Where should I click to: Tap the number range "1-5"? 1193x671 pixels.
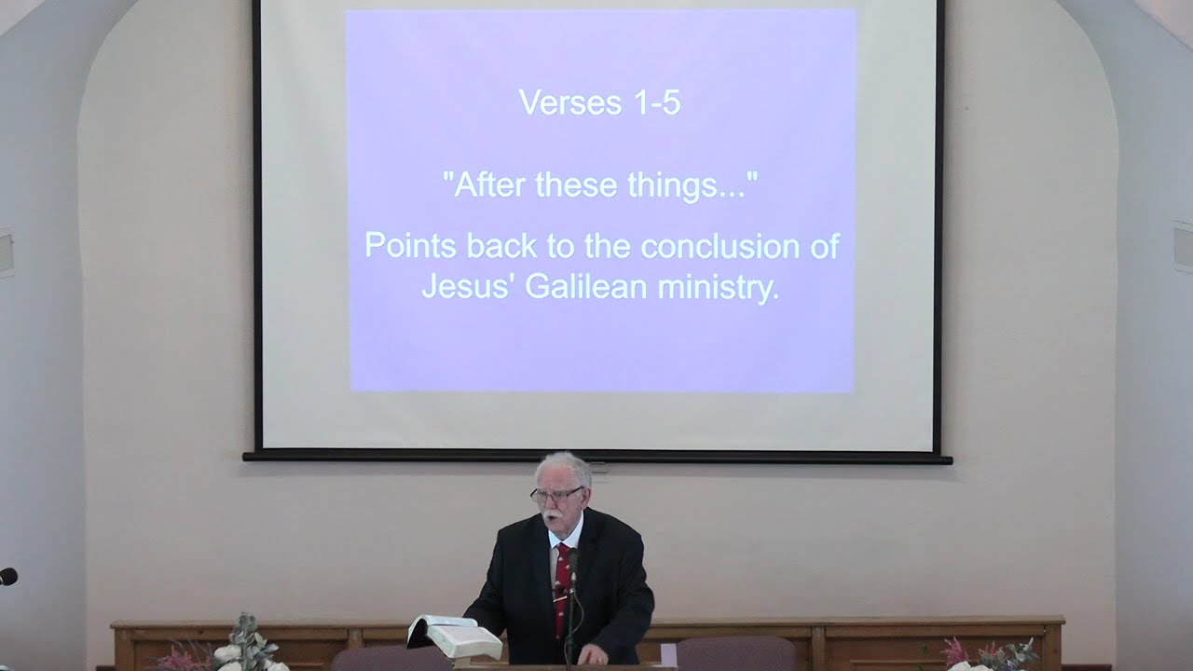coord(656,102)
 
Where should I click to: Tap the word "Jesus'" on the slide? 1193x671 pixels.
coord(468,286)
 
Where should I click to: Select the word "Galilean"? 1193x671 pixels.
coord(586,286)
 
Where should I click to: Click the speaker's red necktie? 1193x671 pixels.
coord(562,587)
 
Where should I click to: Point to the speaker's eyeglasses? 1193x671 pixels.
coord(555,495)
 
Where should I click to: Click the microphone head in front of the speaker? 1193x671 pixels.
coord(572,562)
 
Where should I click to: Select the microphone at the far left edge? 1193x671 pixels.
coord(7,577)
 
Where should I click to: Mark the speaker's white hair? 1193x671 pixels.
coord(564,465)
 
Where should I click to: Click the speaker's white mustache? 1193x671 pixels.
coord(552,514)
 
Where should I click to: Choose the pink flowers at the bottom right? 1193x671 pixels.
coord(960,650)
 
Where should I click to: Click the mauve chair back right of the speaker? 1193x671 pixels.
coord(735,653)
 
